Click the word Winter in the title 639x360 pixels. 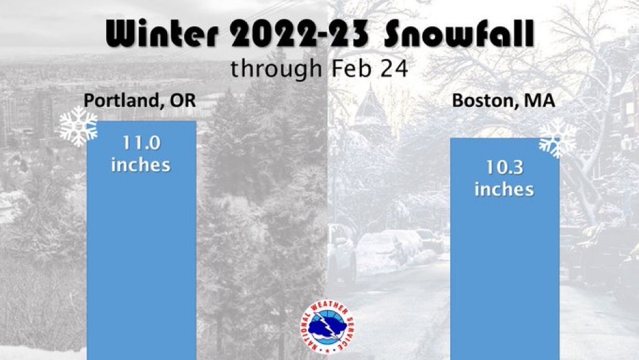[162, 33]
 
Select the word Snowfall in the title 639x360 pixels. [459, 33]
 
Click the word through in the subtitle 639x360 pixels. [277, 68]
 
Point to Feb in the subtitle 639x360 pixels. [351, 68]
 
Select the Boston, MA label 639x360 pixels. [504, 100]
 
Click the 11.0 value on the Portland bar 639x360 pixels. [142, 143]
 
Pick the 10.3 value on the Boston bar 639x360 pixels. [505, 167]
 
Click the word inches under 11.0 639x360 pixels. [141, 165]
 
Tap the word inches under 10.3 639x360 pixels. [504, 189]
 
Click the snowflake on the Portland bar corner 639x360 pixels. [79, 127]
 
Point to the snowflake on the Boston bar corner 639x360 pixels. [558, 138]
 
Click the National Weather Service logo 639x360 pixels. [327, 327]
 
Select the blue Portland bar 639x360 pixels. [142, 241]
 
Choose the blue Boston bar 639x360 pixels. [505, 249]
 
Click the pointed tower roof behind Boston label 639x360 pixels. [370, 102]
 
